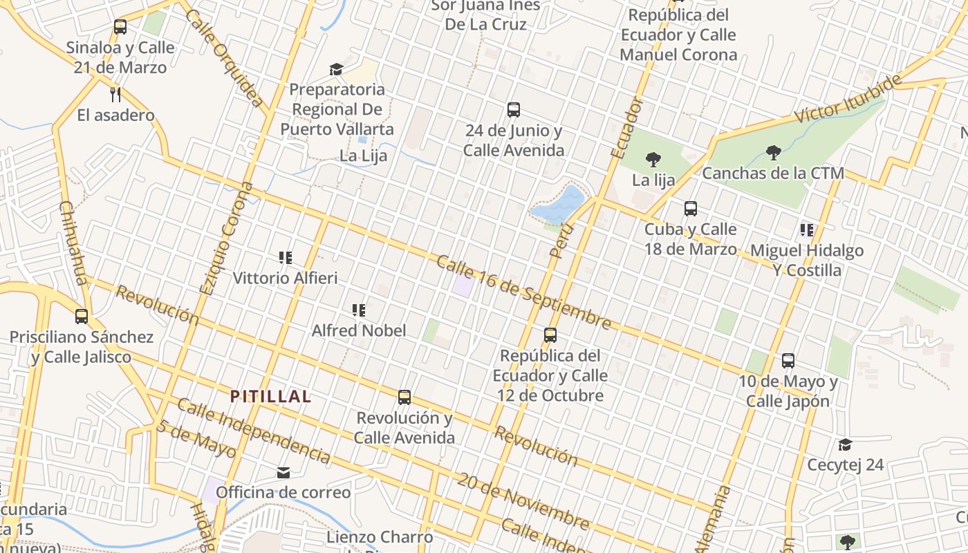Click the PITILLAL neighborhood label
point(270,397)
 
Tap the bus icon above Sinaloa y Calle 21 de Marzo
point(120,27)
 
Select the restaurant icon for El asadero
point(115,94)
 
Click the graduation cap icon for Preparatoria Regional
point(336,69)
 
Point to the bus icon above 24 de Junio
point(513,109)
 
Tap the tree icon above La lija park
point(653,160)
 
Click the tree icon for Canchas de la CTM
point(773,152)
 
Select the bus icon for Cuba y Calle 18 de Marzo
point(690,208)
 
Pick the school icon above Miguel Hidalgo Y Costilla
point(806,229)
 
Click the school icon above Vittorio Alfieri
point(285,258)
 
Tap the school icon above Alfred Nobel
point(358,310)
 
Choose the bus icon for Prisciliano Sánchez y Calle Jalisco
point(82,317)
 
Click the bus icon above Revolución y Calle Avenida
point(404,397)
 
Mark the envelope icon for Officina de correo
point(283,473)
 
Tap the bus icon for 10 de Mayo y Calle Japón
point(788,360)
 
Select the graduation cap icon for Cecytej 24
point(845,444)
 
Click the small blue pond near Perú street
point(559,203)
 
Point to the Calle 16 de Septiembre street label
point(523,292)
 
